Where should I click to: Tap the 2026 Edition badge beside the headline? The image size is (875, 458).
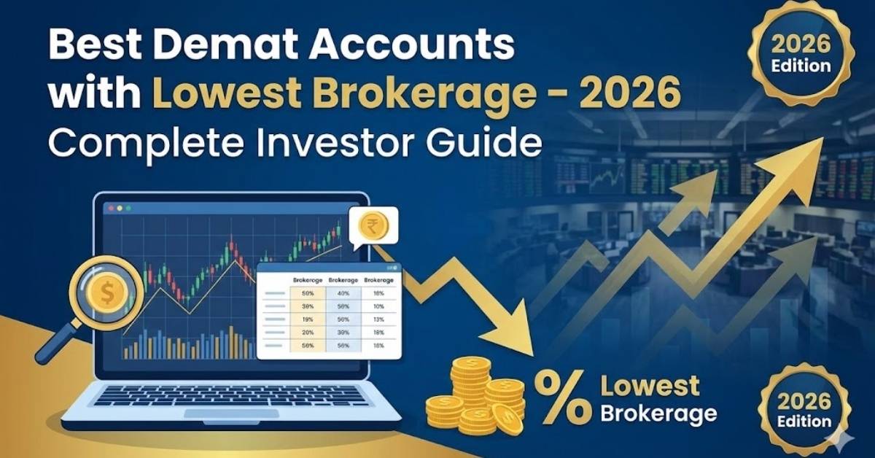(x=798, y=55)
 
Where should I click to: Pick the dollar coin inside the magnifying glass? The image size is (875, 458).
(x=104, y=295)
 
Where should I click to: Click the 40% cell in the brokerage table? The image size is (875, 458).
(x=342, y=293)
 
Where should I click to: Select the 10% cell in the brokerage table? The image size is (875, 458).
(x=378, y=306)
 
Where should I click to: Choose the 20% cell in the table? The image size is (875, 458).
(x=307, y=332)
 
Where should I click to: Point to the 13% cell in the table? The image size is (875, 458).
(x=378, y=319)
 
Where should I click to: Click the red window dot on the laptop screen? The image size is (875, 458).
(x=111, y=208)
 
